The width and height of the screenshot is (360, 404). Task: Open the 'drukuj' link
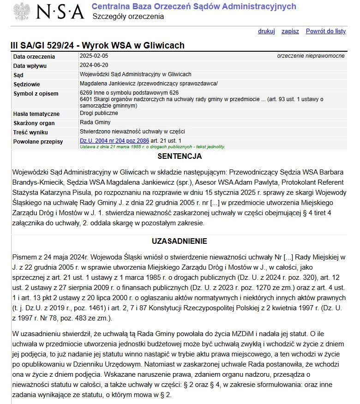point(266,31)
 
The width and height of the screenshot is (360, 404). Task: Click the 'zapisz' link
point(290,31)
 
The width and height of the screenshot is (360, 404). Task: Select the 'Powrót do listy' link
point(325,31)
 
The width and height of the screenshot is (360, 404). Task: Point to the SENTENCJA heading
point(180,157)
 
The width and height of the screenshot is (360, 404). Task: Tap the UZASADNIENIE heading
point(180,241)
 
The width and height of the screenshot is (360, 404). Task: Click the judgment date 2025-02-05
point(94,56)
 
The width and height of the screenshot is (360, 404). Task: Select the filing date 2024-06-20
point(94,65)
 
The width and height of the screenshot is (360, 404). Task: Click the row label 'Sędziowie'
point(27,84)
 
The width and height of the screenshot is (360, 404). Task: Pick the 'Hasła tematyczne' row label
point(36,114)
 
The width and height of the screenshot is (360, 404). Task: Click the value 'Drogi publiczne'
point(99,113)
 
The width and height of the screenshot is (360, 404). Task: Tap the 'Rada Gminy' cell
point(95,122)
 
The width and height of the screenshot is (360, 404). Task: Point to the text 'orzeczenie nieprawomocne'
point(311,56)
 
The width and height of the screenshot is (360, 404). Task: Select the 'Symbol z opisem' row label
point(36,94)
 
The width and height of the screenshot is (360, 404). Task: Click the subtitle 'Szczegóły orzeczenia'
point(128,17)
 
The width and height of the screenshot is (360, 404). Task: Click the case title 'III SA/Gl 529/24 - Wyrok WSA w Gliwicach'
point(97,45)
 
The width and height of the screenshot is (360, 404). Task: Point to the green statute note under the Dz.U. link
point(152,147)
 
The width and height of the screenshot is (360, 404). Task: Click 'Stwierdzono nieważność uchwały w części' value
point(132,132)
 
